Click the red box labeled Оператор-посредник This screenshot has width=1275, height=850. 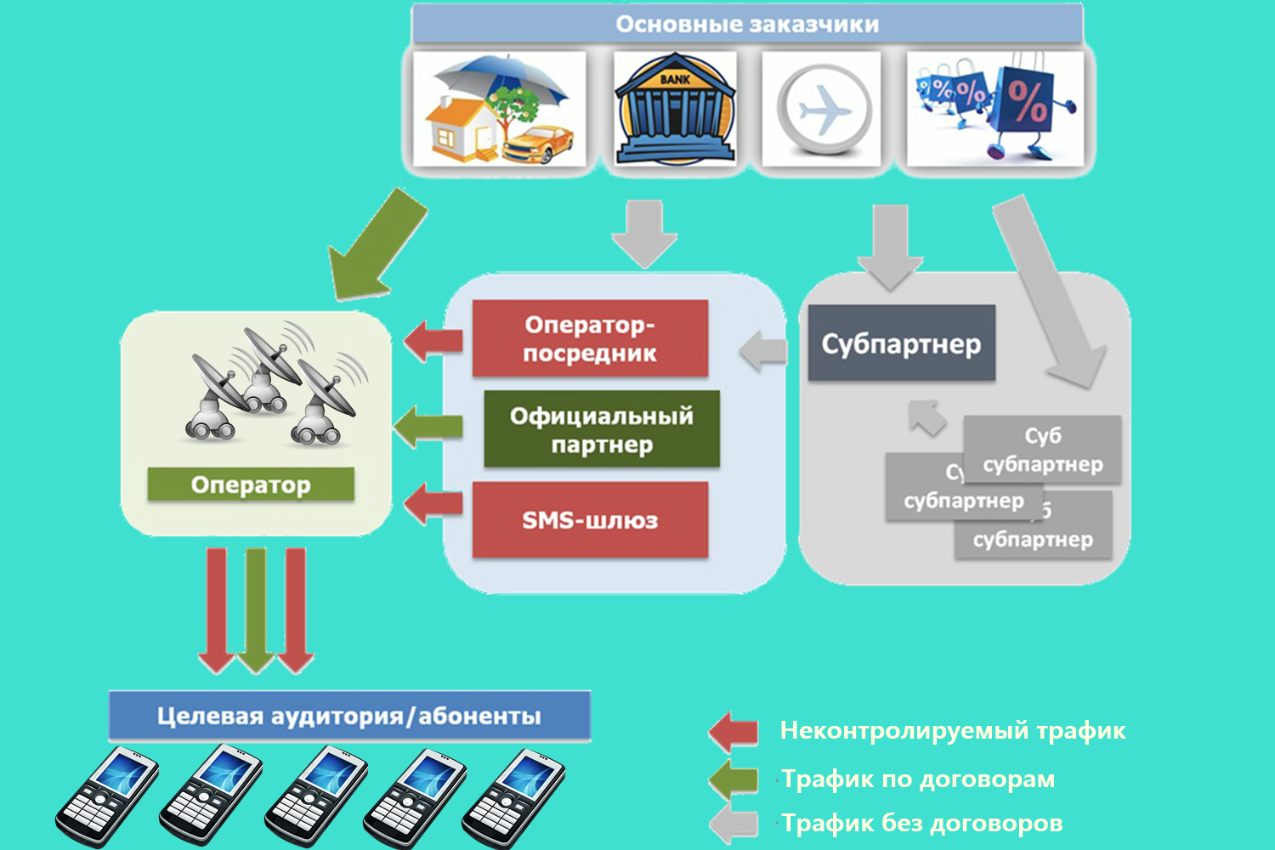point(590,338)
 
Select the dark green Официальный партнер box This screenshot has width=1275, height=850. point(602,429)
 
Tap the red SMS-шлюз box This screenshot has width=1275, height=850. point(590,519)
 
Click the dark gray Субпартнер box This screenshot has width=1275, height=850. point(901,343)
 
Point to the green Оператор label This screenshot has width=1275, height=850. point(251,484)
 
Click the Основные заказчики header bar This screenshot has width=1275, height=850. point(746,24)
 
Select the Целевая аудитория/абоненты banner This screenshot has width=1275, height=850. point(349,716)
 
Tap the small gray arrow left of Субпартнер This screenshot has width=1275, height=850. point(763,351)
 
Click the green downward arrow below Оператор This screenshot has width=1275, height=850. point(256,608)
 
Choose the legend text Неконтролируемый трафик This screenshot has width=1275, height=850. point(953,730)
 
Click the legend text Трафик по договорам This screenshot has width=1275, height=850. point(919,779)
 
